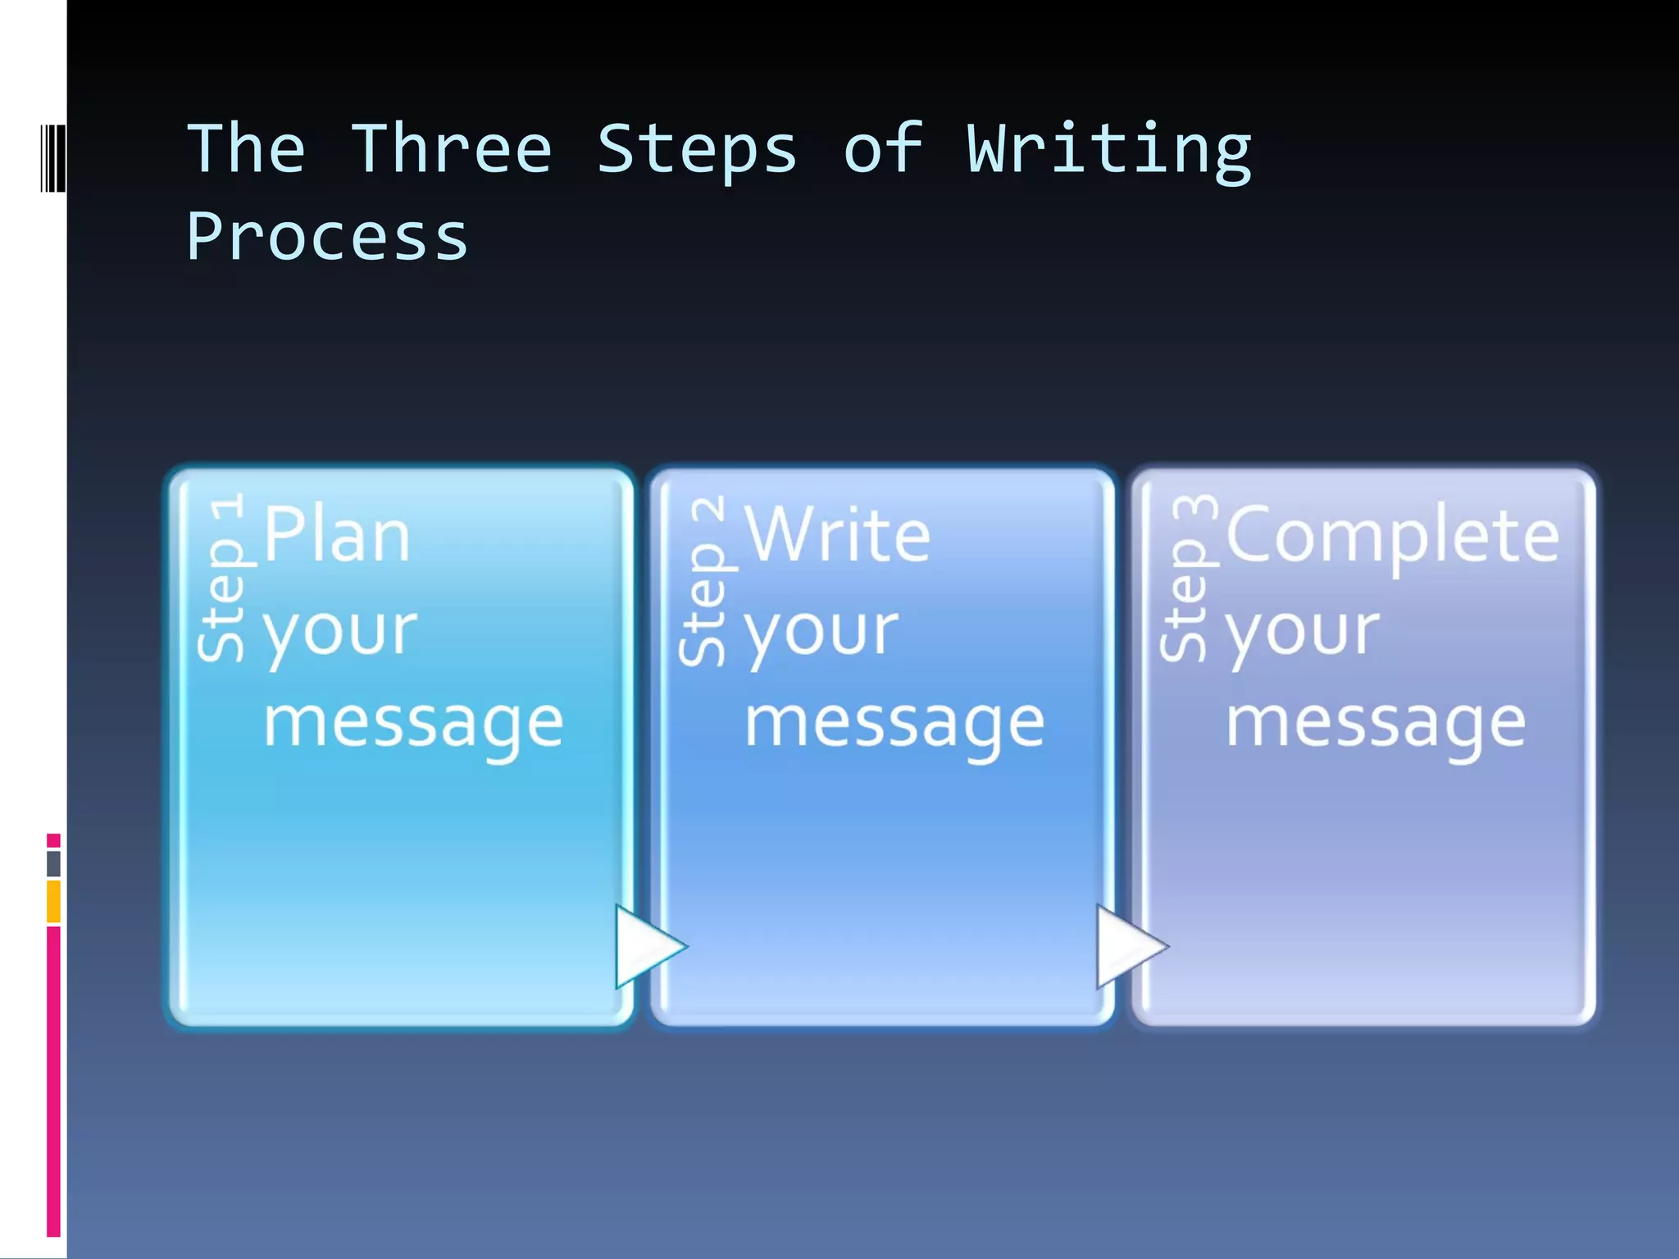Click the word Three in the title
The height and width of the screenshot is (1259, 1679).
point(452,149)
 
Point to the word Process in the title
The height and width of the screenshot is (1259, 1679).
point(327,239)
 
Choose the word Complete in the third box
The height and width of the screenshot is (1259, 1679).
point(1392,538)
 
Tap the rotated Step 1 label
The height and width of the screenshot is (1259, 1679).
point(223,577)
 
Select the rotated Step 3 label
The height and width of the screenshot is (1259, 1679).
point(1185,577)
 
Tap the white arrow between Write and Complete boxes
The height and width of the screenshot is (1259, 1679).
point(1129,947)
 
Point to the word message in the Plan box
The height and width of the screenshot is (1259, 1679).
point(413,725)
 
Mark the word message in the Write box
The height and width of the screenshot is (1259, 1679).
point(894,725)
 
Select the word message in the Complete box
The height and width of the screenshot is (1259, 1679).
point(1376,725)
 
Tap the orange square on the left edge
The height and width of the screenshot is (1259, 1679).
point(53,901)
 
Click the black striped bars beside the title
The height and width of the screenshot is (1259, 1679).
point(53,157)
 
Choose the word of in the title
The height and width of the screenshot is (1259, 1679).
point(883,149)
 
